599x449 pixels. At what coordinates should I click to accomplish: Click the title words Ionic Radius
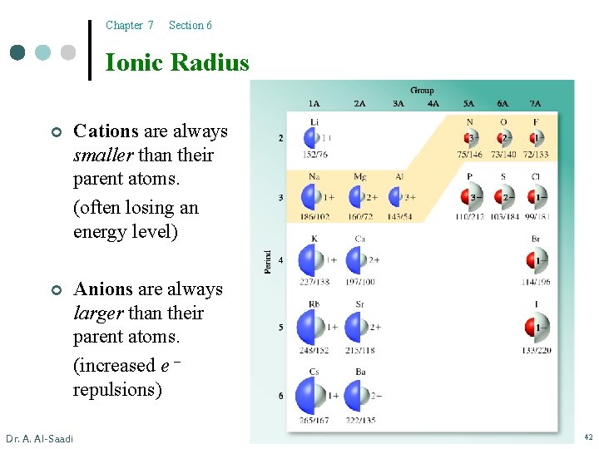click(177, 62)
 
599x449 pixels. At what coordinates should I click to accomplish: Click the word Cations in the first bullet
click(106, 131)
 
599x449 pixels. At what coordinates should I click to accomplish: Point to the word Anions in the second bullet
click(103, 289)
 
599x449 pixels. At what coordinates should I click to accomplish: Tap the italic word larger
click(98, 313)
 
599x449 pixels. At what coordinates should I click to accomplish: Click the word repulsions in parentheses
click(117, 389)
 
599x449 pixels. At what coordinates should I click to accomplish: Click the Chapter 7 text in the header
click(130, 26)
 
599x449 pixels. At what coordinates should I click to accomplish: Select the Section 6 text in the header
click(190, 26)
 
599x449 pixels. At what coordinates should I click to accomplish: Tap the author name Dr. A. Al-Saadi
click(39, 438)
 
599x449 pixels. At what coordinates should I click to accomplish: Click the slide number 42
click(587, 437)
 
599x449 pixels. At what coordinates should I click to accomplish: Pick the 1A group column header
click(314, 104)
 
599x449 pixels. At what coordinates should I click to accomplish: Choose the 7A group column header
click(535, 104)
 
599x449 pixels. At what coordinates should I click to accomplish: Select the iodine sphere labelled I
click(537, 328)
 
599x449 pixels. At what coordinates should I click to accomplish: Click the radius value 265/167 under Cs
click(314, 420)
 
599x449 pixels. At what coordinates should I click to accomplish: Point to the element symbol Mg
click(359, 177)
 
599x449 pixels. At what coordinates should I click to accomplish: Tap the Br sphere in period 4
click(537, 260)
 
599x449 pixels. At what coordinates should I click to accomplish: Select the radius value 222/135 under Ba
click(359, 420)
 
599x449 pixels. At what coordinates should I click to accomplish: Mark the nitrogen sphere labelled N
click(469, 136)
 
